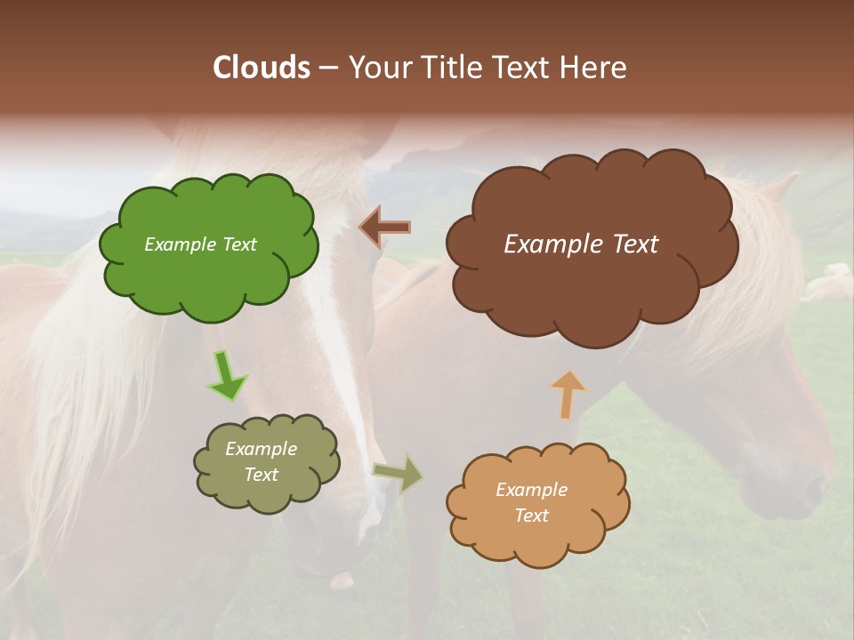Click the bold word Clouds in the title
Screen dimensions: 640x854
pos(262,68)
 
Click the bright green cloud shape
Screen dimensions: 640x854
pos(209,267)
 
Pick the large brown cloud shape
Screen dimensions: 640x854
pos(592,284)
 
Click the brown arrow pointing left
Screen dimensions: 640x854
pos(384,228)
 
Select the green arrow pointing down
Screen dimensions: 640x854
pos(227,375)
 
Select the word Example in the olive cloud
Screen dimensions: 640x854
pos(262,449)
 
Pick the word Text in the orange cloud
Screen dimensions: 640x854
pos(531,516)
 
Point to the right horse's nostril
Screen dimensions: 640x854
pos(811,488)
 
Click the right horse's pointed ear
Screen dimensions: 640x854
pos(780,188)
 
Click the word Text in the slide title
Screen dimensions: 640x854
pos(523,68)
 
